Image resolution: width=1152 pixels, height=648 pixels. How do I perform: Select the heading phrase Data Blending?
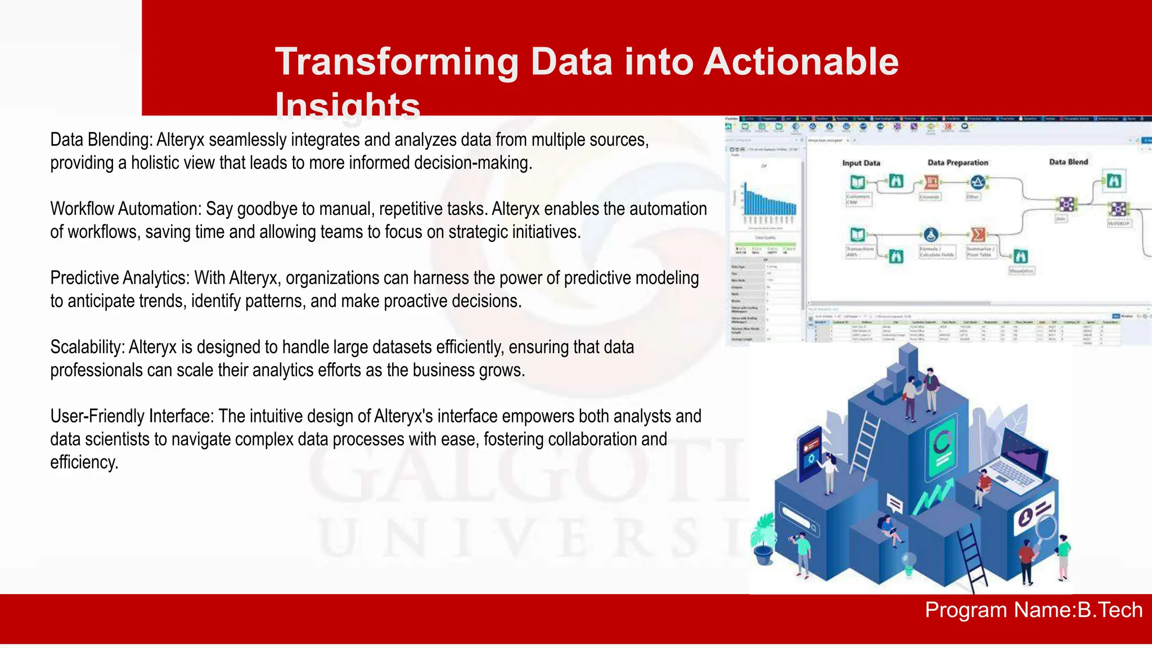(x=101, y=139)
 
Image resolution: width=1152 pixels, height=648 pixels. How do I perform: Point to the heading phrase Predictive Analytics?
(x=120, y=278)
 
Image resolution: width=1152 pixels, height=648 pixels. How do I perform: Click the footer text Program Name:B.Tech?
(x=1033, y=610)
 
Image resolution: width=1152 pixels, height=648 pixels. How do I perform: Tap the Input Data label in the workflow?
(x=861, y=163)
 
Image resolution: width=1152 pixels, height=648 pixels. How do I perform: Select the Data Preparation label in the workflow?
(x=957, y=163)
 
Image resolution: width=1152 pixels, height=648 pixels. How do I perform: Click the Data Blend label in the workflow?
(x=1068, y=162)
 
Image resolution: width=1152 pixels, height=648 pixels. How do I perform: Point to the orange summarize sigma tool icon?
(x=978, y=234)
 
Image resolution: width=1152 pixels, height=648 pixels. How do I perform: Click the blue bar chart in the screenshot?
(x=769, y=204)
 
